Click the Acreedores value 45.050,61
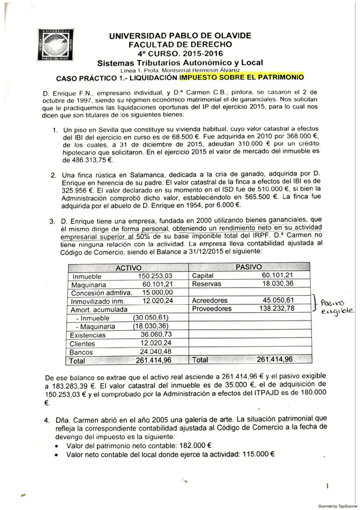pyautogui.click(x=278, y=300)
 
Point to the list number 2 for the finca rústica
pyautogui.click(x=53, y=174)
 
